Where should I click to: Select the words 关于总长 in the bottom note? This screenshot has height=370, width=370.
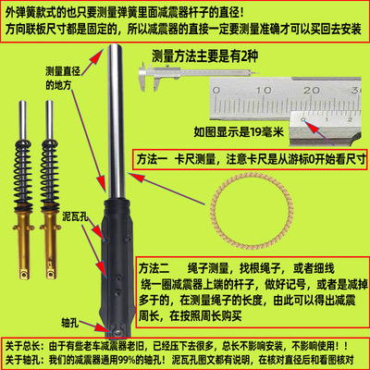[x=23, y=339]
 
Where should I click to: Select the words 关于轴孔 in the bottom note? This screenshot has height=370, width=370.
[x=23, y=358]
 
